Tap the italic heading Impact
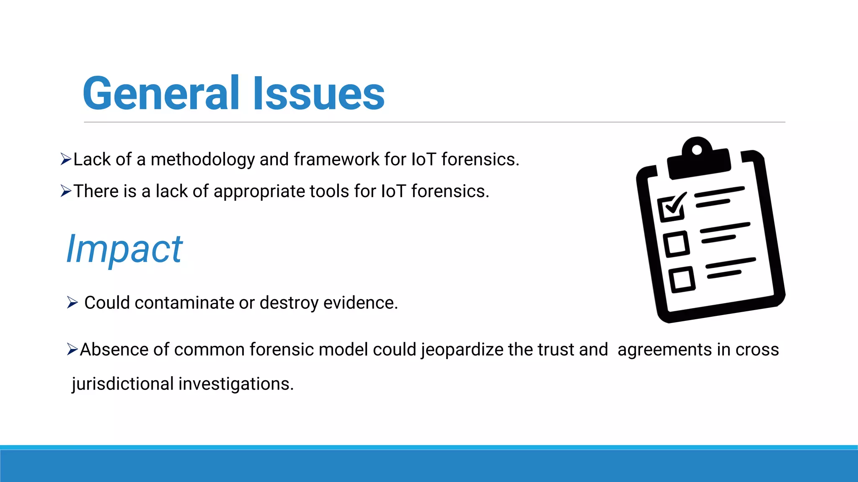click(124, 249)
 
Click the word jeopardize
click(462, 350)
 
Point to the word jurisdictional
click(122, 384)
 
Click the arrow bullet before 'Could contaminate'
click(72, 302)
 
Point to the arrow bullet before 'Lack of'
click(66, 159)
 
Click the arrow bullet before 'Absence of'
click(72, 349)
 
